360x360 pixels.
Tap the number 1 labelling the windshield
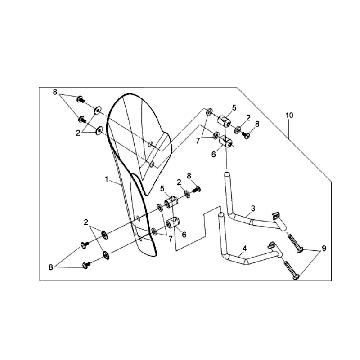coord(107,180)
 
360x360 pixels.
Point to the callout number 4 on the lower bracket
coord(246,245)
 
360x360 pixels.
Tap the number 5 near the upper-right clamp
coord(233,107)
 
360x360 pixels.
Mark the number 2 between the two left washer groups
coord(87,221)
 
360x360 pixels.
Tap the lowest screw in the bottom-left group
coord(87,263)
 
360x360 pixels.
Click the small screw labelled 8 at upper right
coord(244,131)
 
